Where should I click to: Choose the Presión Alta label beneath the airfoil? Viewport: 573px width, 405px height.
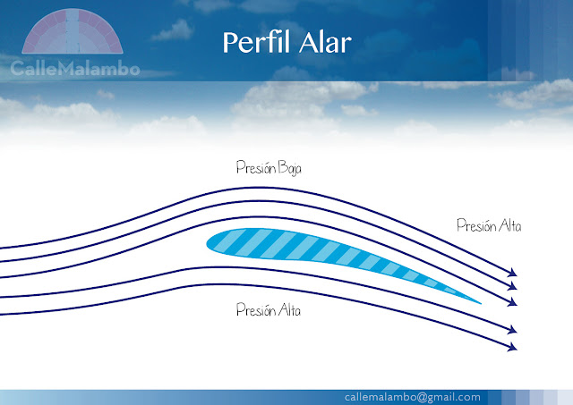click(x=269, y=311)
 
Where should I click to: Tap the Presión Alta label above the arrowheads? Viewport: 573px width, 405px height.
click(x=489, y=226)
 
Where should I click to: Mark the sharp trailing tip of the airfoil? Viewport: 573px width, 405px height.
click(x=481, y=301)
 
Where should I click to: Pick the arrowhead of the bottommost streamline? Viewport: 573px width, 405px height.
click(x=513, y=346)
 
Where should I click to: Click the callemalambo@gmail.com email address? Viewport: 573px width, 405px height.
click(x=412, y=396)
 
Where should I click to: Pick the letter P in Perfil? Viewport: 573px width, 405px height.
click(x=228, y=42)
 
